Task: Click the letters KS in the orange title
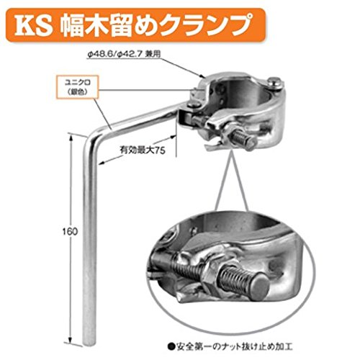(34, 26)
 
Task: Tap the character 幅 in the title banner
(72, 25)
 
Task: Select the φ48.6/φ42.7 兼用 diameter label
(124, 55)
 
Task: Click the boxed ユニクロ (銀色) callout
(78, 87)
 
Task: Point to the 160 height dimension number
(71, 232)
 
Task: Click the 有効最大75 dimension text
(143, 150)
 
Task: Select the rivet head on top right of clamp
(274, 81)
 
